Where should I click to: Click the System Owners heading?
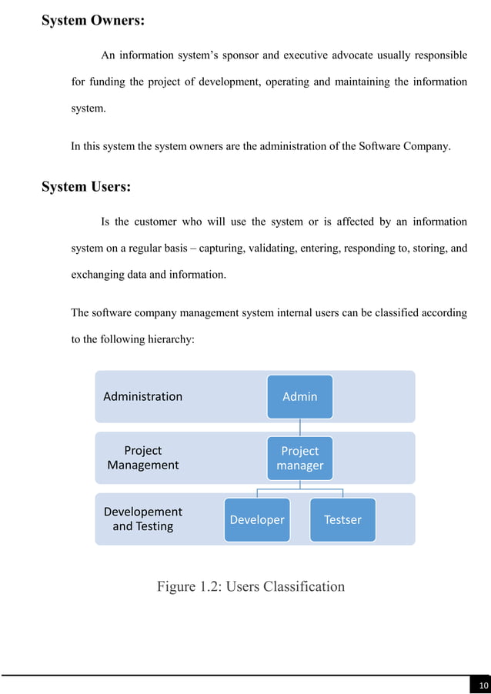pos(92,21)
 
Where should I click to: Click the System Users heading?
pos(85,186)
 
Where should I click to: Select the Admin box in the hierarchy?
pos(300,396)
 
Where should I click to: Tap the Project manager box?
pos(300,458)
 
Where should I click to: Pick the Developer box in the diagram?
pos(257,520)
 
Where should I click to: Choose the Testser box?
pos(342,520)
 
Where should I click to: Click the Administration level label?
pos(143,396)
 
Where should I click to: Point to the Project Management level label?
pos(143,458)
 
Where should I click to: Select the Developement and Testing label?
pos(143,519)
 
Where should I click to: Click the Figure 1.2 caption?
pos(251,587)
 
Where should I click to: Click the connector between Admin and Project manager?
pos(300,427)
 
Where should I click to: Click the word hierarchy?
pos(176,339)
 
